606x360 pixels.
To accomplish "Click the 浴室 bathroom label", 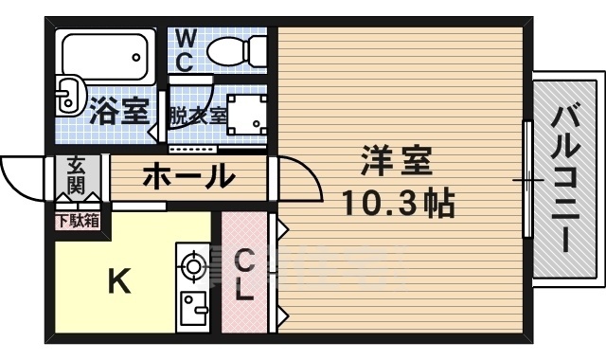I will (119, 113).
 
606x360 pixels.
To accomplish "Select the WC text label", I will (186, 51).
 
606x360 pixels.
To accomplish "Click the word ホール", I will (188, 175).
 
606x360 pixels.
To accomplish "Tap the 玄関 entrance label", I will (76, 174).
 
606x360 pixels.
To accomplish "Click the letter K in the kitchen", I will (117, 281).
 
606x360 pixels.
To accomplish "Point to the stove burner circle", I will (193, 266).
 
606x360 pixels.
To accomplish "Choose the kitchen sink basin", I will (195, 308).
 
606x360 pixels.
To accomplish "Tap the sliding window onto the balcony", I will (526, 180).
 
